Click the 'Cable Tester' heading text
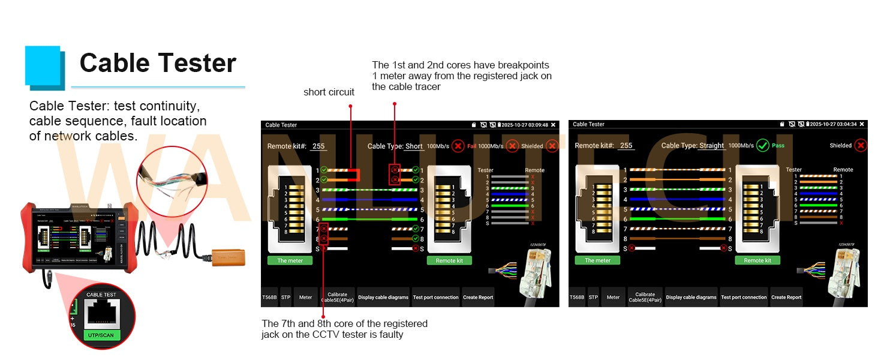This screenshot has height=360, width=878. pyautogui.click(x=158, y=63)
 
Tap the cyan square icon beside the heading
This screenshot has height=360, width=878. pyautogui.click(x=44, y=65)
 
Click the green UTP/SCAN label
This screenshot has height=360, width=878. pyautogui.click(x=100, y=335)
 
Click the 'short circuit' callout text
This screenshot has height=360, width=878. pyautogui.click(x=329, y=92)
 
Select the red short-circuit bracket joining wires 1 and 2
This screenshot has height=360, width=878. pyautogui.click(x=357, y=175)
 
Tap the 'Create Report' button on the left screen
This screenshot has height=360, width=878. pyautogui.click(x=478, y=297)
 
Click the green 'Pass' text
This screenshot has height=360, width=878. pyautogui.click(x=778, y=145)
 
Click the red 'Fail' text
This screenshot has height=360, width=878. pyautogui.click(x=471, y=146)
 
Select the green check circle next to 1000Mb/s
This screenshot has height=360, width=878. pyautogui.click(x=762, y=145)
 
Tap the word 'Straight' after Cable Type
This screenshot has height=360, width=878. pyautogui.click(x=712, y=145)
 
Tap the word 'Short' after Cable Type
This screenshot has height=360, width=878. pyautogui.click(x=414, y=146)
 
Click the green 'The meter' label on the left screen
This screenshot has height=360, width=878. pyautogui.click(x=290, y=260)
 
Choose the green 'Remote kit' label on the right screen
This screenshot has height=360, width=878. pyautogui.click(x=757, y=260)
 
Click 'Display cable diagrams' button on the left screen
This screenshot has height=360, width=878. pyautogui.click(x=383, y=297)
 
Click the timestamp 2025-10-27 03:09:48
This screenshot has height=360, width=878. pyautogui.click(x=525, y=125)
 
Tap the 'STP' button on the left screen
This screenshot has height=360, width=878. pyautogui.click(x=285, y=297)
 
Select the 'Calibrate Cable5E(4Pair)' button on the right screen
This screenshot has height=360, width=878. pyautogui.click(x=645, y=297)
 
